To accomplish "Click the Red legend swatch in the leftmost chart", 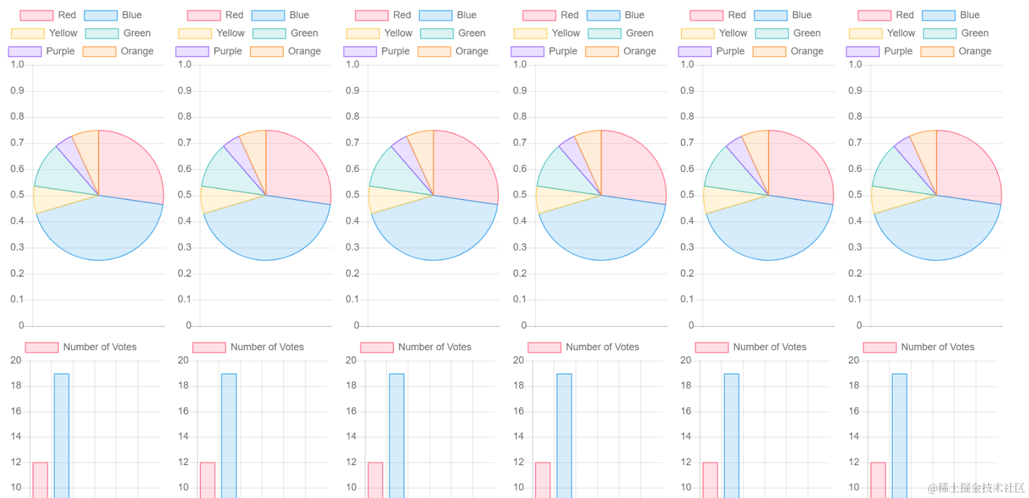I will pos(37,15).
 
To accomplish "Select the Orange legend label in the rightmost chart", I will pos(975,51).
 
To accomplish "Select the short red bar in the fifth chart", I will pos(710,480).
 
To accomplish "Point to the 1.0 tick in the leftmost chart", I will pos(17,64).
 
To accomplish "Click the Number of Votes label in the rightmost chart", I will pos(937,347).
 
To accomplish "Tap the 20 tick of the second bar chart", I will pos(183,361).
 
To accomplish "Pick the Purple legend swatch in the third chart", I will pos(360,52).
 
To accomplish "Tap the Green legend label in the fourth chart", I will pos(640,33).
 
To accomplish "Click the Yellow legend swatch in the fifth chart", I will pos(697,33).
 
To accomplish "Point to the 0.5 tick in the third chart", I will pos(352,195).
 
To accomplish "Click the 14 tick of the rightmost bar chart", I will pos(854,436).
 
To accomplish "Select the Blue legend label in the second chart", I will pos(299,15).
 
